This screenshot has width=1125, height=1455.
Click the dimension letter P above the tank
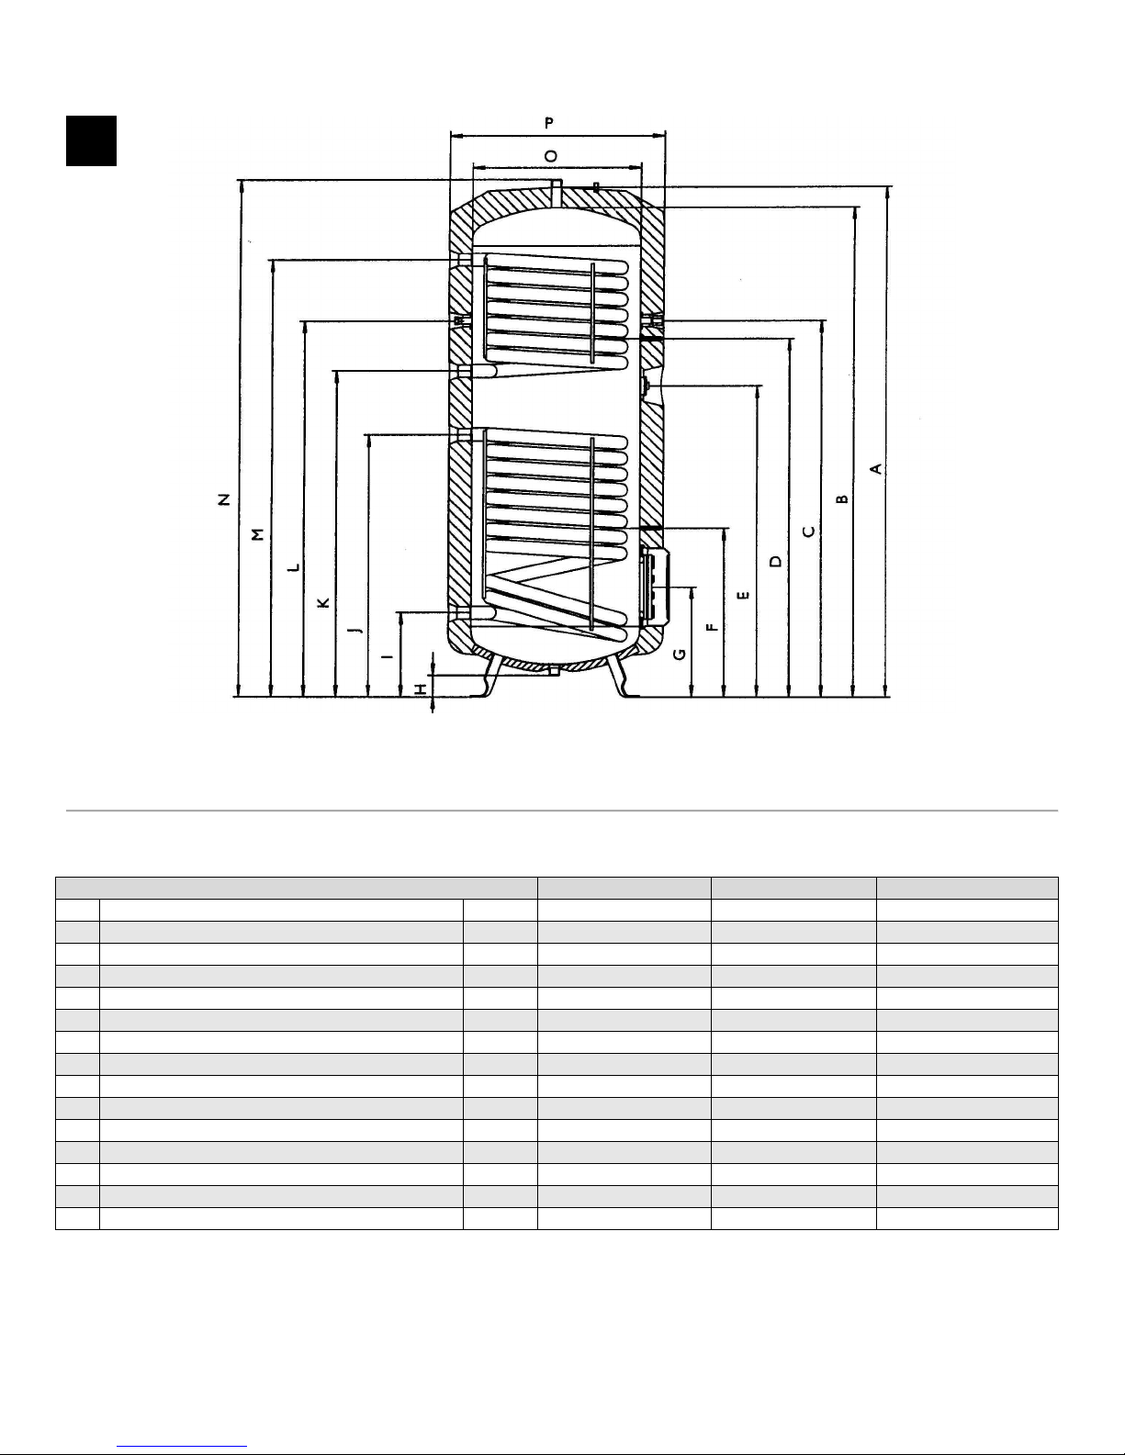tap(549, 123)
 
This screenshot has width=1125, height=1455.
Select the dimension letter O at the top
tap(550, 156)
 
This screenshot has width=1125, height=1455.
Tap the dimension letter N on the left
tap(224, 498)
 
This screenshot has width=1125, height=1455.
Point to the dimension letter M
tap(258, 534)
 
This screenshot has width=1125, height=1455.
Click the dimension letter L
tap(293, 567)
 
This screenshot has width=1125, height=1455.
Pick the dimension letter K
tap(323, 602)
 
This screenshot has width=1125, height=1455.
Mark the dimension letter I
tap(388, 657)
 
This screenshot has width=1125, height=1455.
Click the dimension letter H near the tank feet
tap(420, 689)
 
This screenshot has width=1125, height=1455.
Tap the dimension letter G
tap(679, 655)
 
